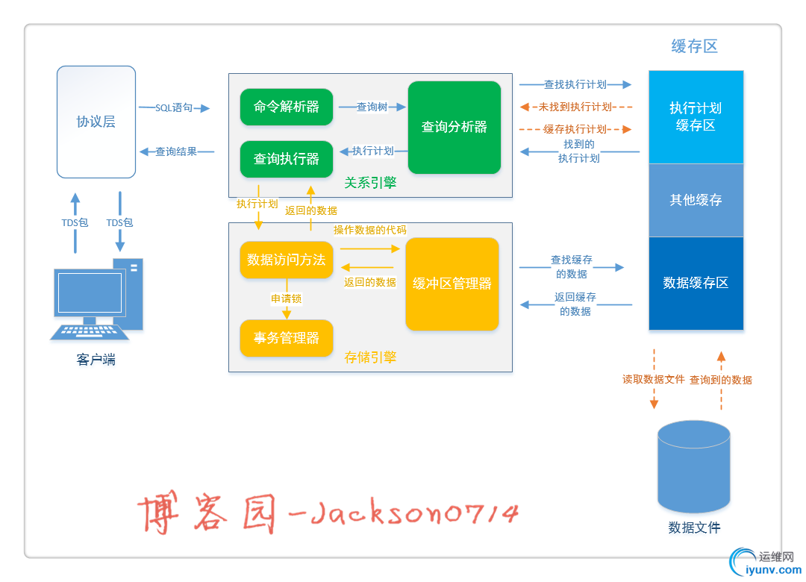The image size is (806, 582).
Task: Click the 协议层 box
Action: (x=96, y=122)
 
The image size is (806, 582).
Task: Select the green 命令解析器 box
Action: (x=287, y=107)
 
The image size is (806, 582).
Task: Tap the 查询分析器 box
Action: (x=454, y=127)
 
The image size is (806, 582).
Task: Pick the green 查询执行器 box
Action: (x=287, y=159)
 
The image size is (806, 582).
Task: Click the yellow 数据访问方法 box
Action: (x=287, y=260)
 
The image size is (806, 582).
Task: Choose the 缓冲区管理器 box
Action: (x=452, y=284)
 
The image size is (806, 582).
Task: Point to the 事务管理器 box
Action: (x=287, y=338)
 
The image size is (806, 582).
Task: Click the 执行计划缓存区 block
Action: (x=696, y=117)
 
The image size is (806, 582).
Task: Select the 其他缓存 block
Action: (x=696, y=200)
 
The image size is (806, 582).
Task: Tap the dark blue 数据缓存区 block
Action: (x=696, y=283)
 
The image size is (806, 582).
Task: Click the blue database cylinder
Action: (x=693, y=466)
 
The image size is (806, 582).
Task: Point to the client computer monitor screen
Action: (x=90, y=292)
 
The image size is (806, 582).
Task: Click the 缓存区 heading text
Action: (x=695, y=46)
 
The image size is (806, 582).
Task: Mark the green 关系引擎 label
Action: (x=370, y=183)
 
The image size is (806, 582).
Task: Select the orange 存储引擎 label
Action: (x=370, y=357)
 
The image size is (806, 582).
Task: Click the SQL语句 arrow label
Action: (x=174, y=107)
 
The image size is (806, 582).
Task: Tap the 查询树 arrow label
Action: (x=372, y=107)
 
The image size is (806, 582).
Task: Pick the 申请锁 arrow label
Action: (x=287, y=298)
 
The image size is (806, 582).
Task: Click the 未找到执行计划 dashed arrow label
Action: (x=575, y=107)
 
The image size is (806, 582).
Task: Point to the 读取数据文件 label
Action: (x=654, y=379)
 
